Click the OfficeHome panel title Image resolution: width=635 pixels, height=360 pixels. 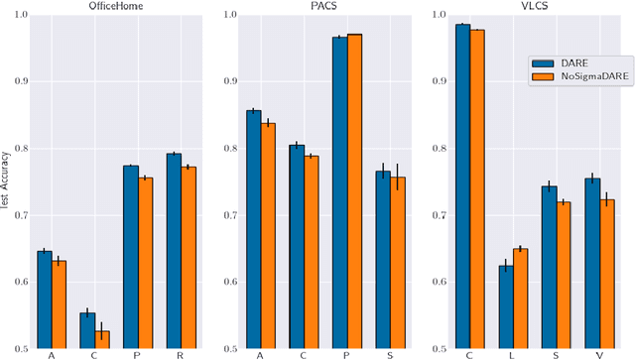point(102,6)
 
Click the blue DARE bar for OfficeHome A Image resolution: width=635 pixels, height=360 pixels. point(45,299)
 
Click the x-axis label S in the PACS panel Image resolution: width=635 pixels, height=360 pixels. point(390,355)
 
